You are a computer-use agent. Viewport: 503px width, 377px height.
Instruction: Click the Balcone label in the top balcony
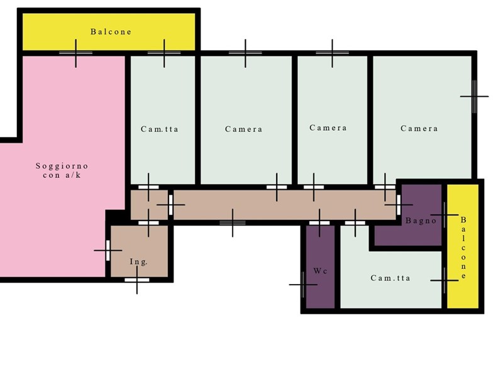pos(111,32)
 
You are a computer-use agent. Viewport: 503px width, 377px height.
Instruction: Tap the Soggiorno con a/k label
pos(62,170)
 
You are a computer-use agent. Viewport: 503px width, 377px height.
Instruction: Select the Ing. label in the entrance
pos(138,262)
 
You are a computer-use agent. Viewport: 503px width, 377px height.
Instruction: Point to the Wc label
pos(320,271)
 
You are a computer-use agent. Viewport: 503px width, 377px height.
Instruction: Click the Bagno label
pos(421,221)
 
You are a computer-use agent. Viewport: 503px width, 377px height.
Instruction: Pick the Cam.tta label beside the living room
pos(160,129)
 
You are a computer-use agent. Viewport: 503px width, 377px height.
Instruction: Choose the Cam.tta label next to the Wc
pos(390,278)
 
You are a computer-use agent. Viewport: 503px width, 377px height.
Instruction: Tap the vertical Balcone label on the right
pos(463,248)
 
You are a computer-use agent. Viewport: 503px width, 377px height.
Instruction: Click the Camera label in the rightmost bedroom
pos(419,129)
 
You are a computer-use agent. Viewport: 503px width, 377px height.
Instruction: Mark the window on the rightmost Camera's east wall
pos(474,96)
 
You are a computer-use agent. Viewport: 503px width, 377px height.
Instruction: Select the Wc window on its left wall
pos(303,285)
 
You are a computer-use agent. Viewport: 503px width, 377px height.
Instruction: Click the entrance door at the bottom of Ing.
pos(137,280)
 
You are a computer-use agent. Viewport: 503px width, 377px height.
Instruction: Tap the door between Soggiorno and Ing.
pos(108,250)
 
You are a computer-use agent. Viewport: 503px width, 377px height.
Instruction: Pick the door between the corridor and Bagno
pos(399,205)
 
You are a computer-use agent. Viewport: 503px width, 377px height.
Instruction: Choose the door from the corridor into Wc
pos(319,223)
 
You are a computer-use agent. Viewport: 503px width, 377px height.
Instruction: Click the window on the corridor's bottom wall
pos(233,223)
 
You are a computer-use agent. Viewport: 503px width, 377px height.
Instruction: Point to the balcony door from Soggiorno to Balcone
pos(75,53)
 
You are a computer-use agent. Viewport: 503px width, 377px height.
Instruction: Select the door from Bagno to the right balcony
pos(445,215)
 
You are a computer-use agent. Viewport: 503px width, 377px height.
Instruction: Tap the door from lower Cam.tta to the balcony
pos(445,280)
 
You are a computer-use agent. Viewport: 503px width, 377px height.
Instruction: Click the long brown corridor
pos(284,205)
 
